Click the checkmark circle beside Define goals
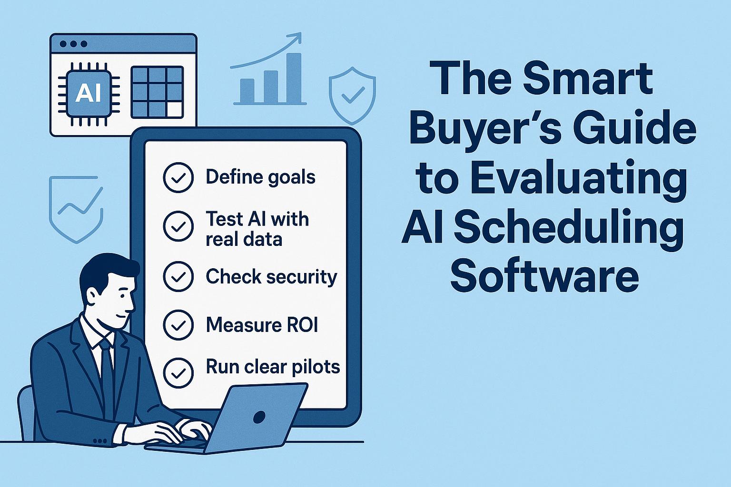coord(178,177)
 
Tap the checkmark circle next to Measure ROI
coord(178,325)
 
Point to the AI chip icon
coord(89,94)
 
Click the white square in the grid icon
coord(175,109)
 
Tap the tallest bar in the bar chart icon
coord(294,78)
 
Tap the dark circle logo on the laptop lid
coord(259,417)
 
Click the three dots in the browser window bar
coord(74,44)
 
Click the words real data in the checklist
coord(244,239)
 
